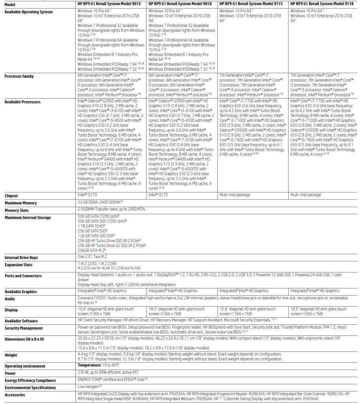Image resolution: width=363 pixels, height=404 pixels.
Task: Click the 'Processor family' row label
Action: click(19, 76)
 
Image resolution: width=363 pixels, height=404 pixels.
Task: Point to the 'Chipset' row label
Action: click(11, 196)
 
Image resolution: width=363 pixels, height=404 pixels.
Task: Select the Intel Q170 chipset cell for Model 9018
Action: click(158, 195)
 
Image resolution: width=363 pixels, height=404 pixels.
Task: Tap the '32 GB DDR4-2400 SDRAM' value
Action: click(101, 203)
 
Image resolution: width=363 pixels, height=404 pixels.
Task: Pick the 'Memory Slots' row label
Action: click(17, 210)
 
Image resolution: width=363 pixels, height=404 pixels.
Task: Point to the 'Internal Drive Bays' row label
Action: click(21, 258)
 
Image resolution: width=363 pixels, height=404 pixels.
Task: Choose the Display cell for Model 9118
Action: click(318, 311)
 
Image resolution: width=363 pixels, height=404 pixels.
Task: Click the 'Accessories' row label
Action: click(15, 395)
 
